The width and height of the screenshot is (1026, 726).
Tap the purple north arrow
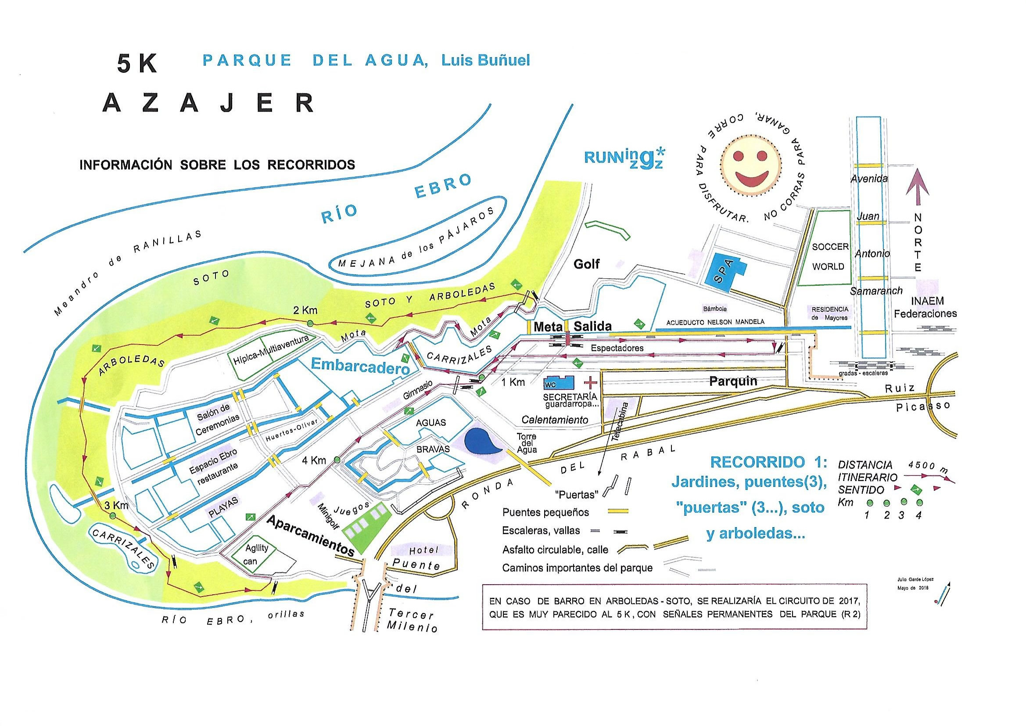click(918, 188)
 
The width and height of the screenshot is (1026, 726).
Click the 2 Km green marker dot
click(310, 323)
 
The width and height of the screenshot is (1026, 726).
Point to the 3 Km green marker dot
click(113, 516)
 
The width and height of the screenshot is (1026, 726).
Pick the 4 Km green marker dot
click(337, 460)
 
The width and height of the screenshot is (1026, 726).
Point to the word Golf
click(586, 264)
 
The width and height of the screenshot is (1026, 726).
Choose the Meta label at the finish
click(547, 327)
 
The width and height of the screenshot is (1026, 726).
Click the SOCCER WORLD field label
click(830, 257)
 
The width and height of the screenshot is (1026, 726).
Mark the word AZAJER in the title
click(209, 103)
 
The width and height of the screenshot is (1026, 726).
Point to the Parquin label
click(733, 381)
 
